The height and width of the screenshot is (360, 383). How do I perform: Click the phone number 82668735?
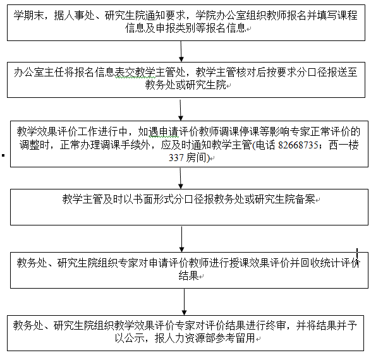(298, 145)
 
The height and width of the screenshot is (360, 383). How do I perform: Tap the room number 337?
(176, 158)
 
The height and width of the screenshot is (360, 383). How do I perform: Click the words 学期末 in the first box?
(28, 15)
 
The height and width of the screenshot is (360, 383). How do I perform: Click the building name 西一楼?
(344, 145)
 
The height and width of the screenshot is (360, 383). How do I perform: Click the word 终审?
(276, 326)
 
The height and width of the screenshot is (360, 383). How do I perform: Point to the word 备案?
(305, 200)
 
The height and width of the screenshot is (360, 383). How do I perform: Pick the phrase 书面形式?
(154, 200)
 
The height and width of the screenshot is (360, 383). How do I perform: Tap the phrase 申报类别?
(175, 28)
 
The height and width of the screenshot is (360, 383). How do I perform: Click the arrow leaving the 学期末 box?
(181, 51)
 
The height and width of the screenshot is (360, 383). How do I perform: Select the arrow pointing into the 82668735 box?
(181, 110)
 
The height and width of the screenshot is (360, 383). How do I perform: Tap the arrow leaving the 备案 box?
(182, 239)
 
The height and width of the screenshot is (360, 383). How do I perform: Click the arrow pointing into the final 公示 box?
(184, 302)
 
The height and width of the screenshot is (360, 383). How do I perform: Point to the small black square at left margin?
(3, 155)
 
